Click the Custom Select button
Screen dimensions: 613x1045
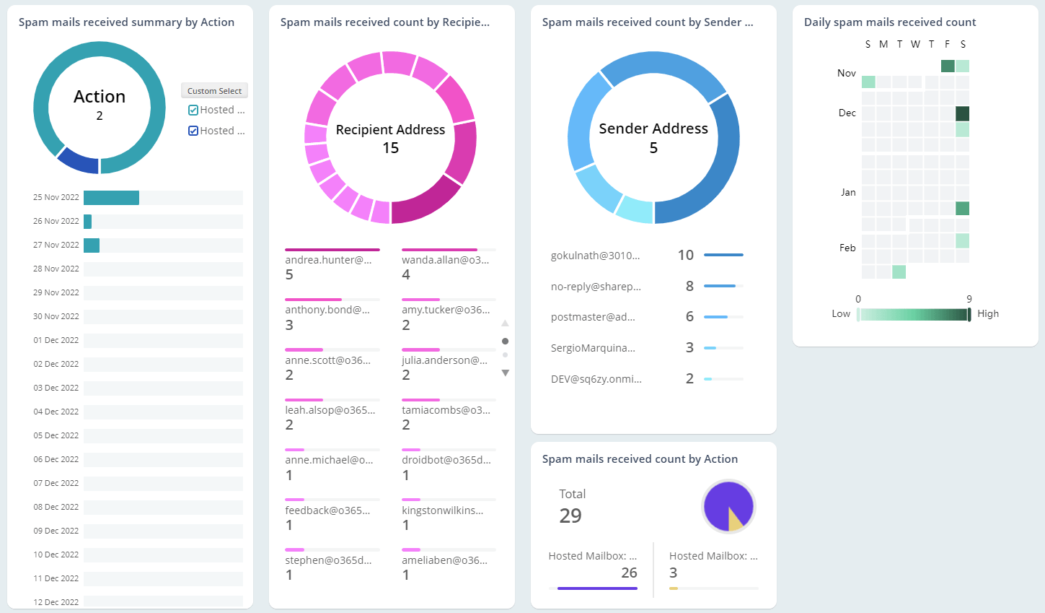click(214, 91)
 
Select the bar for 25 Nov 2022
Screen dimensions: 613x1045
click(111, 198)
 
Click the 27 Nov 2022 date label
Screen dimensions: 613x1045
click(56, 245)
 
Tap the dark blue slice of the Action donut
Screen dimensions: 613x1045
click(76, 161)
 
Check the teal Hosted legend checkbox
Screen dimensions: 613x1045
click(193, 110)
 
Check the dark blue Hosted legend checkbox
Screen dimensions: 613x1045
click(193, 131)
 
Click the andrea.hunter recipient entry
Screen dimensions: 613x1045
click(328, 260)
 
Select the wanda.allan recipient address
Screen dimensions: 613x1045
click(445, 260)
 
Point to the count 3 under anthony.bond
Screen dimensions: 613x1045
click(289, 325)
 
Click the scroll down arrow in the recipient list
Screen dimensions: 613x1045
click(505, 373)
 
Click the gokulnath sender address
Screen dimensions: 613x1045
click(595, 256)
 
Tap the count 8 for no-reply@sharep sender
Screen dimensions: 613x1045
click(689, 287)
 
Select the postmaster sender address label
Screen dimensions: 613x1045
click(593, 317)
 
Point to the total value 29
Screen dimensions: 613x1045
click(570, 516)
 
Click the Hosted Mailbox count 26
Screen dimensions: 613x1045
click(629, 573)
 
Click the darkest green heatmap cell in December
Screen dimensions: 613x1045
click(962, 113)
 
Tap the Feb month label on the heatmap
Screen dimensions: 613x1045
click(847, 248)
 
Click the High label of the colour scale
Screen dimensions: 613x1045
click(987, 314)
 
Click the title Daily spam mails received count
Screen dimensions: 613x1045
click(889, 22)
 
